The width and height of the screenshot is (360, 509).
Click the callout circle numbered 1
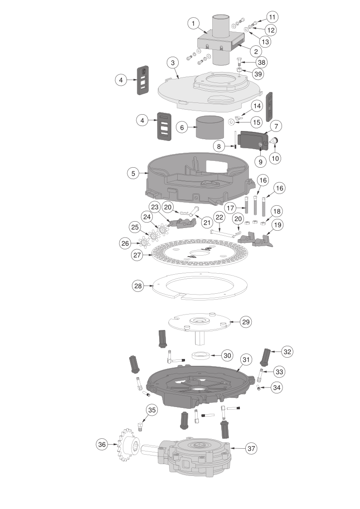point(194,24)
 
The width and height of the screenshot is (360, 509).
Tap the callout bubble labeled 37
point(251,448)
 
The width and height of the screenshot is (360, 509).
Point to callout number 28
point(138,286)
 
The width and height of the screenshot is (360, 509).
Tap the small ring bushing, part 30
point(200,355)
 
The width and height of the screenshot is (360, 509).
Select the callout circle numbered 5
point(133,173)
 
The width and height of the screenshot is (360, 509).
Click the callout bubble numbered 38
point(261,63)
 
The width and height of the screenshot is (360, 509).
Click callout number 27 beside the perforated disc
point(137,255)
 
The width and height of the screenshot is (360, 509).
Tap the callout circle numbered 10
point(275,158)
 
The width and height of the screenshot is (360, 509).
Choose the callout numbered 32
point(287,352)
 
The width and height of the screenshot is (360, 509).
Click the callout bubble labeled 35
point(152,410)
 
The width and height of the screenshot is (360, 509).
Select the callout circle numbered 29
point(246,322)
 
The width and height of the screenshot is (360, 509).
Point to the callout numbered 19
point(277,225)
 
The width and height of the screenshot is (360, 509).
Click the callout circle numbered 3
point(173,63)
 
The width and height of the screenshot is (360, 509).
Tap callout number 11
point(272,17)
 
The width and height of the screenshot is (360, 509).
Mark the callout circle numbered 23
point(155,207)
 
